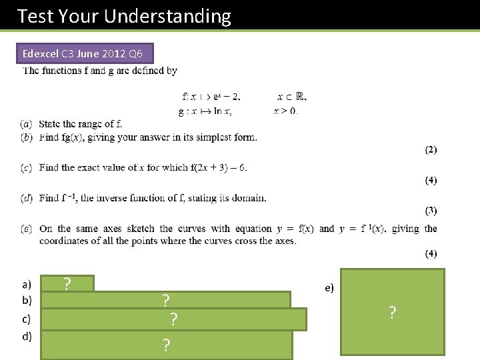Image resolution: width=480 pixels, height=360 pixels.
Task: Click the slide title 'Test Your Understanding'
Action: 124,16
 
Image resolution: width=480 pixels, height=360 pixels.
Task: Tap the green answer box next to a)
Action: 67,284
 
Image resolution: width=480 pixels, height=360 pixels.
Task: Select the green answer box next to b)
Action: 166,300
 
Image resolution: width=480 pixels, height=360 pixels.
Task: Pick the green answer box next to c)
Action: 173,319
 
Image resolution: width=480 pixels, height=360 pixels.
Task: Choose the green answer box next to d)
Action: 166,345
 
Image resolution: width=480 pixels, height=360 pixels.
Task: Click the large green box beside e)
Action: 392,311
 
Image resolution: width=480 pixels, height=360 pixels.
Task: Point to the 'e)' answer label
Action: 329,288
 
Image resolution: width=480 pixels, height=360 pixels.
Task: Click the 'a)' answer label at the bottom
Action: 27,285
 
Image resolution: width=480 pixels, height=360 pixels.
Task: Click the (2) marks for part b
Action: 431,150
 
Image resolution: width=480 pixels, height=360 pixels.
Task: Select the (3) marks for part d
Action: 431,211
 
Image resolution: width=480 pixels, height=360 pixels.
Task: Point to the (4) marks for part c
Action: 431,181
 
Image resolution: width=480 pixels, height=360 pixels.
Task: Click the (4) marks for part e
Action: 431,253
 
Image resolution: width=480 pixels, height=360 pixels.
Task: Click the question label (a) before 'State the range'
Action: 27,124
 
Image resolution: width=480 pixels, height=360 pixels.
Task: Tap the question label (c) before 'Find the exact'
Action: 27,167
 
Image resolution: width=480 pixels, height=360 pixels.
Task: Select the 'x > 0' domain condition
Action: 286,111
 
